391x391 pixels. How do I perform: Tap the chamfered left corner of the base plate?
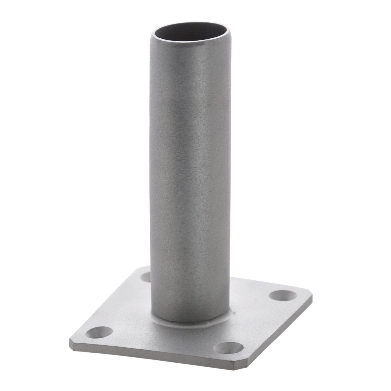tap(71, 342)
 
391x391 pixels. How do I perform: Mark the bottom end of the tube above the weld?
tap(190, 314)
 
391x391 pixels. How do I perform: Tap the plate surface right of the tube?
tap(255, 308)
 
